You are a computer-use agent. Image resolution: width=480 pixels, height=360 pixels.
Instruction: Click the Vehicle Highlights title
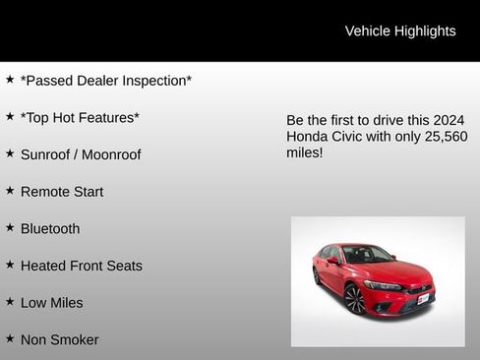point(400,30)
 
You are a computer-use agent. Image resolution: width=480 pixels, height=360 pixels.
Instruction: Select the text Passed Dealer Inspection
point(106,81)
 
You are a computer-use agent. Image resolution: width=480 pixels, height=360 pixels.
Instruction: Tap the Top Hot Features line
point(80,118)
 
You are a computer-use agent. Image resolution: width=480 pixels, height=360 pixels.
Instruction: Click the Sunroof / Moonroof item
point(81,154)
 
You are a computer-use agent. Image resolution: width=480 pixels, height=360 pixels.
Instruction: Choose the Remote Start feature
point(62,192)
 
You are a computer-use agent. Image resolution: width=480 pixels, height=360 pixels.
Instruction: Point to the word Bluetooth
point(50,228)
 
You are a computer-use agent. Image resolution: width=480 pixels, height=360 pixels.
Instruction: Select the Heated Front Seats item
point(82,266)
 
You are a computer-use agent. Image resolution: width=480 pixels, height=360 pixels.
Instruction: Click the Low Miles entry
point(52,303)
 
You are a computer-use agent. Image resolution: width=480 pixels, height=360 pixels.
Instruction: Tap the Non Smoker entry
point(60,339)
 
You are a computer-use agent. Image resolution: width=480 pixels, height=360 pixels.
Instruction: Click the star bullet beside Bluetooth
point(10,227)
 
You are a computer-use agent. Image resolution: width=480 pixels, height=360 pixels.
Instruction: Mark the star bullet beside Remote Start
point(10,190)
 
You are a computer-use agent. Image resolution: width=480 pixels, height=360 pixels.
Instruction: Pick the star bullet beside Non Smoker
point(10,338)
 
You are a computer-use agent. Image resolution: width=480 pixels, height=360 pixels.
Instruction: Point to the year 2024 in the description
point(450,118)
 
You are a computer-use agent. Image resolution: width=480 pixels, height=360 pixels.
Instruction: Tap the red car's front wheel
point(355,299)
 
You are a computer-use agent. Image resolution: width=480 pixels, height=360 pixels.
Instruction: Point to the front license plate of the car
point(423,298)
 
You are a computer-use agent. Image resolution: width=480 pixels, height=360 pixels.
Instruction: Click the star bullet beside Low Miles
point(10,301)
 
